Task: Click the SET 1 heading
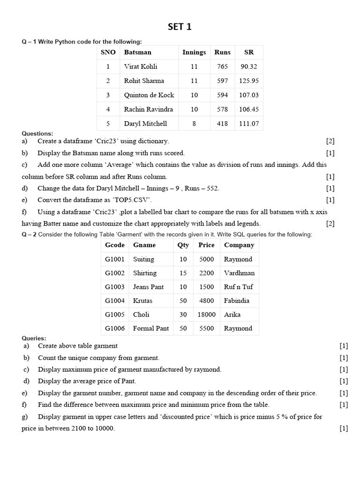tap(180, 27)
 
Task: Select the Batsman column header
tap(137, 52)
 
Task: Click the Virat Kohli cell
tap(141, 67)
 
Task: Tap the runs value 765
tap(222, 67)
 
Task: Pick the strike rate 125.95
tap(249, 81)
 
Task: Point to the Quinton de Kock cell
tap(149, 95)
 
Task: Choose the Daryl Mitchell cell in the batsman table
tap(145, 124)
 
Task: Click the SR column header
tap(249, 52)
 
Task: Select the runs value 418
tap(222, 124)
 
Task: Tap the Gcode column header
tap(115, 245)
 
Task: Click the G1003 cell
tap(115, 287)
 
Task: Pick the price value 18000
tap(206, 315)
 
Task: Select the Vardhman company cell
tap(239, 273)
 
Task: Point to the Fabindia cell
tap(237, 300)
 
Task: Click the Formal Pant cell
tap(151, 329)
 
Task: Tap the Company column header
tap(239, 245)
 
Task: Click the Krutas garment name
tap(142, 300)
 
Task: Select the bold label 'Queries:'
tap(34, 338)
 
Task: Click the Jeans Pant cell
tap(147, 287)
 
